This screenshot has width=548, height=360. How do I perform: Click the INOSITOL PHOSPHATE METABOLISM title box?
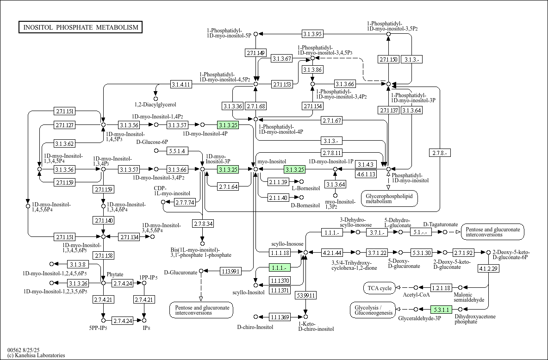click(x=81, y=27)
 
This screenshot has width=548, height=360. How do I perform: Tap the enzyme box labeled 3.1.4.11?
click(x=181, y=84)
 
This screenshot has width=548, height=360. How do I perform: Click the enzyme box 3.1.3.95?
click(x=312, y=34)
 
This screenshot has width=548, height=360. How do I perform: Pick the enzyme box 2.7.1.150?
click(x=388, y=59)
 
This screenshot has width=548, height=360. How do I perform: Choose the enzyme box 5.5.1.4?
click(x=177, y=151)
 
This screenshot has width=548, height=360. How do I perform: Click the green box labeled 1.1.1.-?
click(x=280, y=267)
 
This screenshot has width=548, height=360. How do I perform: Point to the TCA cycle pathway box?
click(x=380, y=288)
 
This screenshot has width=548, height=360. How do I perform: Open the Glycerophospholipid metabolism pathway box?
click(x=389, y=198)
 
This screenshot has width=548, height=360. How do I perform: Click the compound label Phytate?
click(x=115, y=274)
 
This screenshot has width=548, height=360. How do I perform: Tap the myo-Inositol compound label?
click(x=272, y=161)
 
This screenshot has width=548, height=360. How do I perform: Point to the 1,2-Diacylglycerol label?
click(x=156, y=105)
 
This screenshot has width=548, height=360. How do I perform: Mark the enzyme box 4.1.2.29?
click(x=488, y=268)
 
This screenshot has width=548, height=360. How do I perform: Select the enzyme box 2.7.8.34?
click(x=203, y=224)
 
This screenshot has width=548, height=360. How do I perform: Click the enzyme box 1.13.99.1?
click(x=230, y=271)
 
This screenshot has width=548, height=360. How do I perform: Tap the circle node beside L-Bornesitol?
click(x=302, y=181)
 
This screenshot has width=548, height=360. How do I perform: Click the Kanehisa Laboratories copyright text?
click(x=36, y=355)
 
